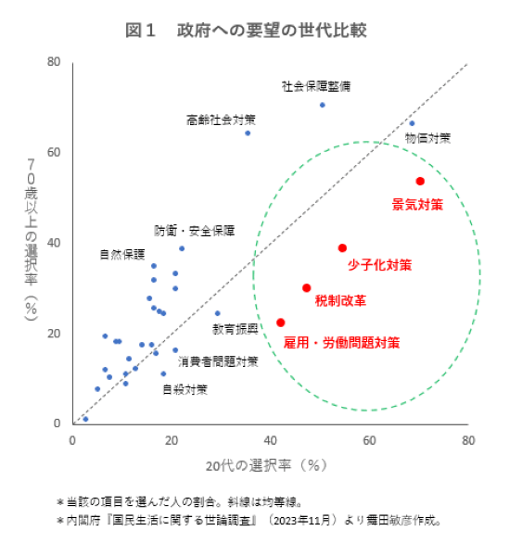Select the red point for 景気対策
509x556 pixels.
pos(420,181)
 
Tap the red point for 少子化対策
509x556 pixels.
pos(342,247)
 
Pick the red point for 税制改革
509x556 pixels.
pos(307,287)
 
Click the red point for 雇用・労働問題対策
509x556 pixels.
pos(281,322)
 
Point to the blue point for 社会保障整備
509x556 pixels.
pos(323,105)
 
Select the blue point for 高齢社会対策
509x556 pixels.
pos(248,133)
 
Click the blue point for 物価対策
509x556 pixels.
pos(412,123)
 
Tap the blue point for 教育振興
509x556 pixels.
pos(218,313)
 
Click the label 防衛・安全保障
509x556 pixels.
pos(194,230)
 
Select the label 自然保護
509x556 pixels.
pos(122,254)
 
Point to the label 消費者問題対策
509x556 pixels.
pos(218,360)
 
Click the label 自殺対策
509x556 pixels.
pos(185,389)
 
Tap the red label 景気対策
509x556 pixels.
pos(417,203)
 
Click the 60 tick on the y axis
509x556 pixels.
pos(54,152)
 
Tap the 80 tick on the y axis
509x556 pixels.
pos(54,62)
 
